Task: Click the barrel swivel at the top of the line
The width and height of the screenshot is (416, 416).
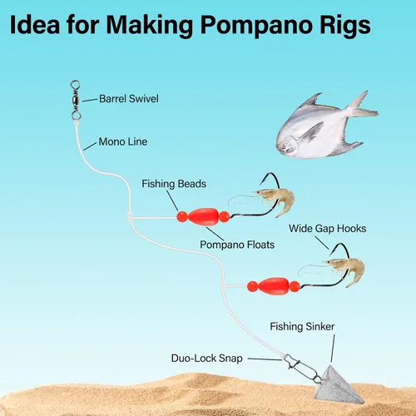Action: coord(76,100)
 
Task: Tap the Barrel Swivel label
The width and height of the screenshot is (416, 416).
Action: coord(129,99)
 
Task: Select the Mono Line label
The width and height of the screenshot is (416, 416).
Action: coord(123,141)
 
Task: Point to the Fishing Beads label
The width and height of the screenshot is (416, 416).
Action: coord(174,184)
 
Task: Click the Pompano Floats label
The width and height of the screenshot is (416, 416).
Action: coord(237,245)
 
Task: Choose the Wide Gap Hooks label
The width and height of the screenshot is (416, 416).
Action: coord(327,229)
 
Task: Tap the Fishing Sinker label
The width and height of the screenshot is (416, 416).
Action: coord(302,326)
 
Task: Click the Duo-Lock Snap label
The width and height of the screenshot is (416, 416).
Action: coord(207,358)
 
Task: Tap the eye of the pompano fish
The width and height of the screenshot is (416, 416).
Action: coord(285,146)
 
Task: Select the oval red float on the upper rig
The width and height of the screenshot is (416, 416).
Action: coord(203,217)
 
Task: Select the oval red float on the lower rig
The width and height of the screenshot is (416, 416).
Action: coord(274,286)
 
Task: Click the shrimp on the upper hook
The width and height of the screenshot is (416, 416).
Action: coord(275,200)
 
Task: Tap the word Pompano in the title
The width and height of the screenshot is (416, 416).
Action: coord(258,26)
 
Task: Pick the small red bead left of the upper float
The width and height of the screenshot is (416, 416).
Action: coord(182,216)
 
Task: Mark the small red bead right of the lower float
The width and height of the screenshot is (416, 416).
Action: coord(295,286)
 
